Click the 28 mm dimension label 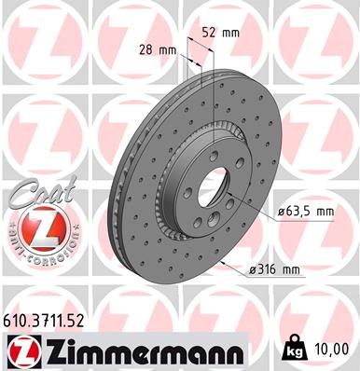click(x=163, y=48)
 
